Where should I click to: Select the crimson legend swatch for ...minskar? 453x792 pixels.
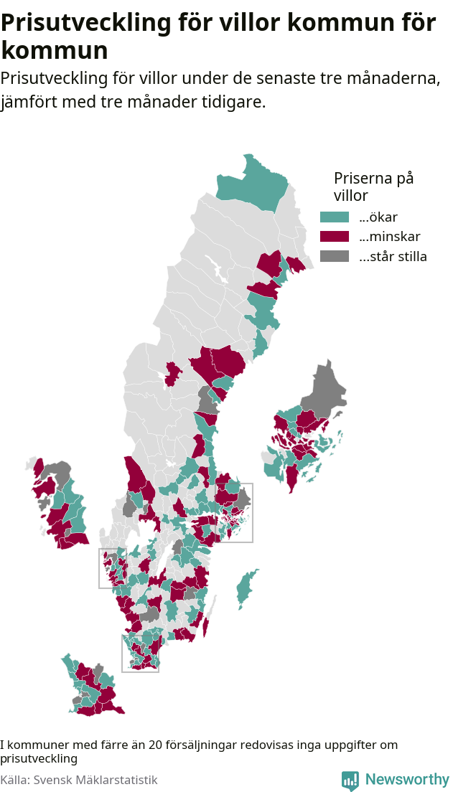tap(334, 237)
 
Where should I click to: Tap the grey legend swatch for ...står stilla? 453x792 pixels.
tap(334, 256)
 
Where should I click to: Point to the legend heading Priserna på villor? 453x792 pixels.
tap(373, 187)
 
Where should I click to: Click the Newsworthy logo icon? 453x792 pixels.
tap(350, 780)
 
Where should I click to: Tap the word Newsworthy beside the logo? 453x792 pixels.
tap(407, 779)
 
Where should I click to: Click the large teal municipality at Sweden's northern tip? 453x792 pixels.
tap(255, 183)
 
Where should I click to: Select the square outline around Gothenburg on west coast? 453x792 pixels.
tap(113, 568)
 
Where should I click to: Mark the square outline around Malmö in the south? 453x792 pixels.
tap(140, 653)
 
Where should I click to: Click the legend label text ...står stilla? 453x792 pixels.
tap(393, 256)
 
